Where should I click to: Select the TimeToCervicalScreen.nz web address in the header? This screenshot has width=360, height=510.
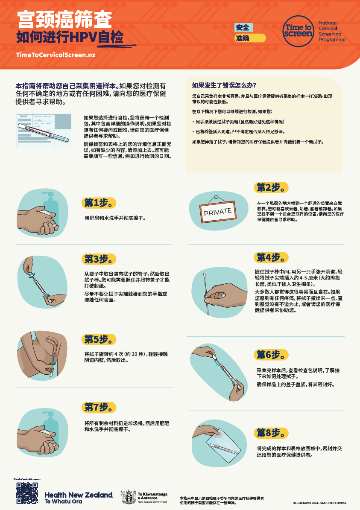click(56, 55)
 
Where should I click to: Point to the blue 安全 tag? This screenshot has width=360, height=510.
click(243, 28)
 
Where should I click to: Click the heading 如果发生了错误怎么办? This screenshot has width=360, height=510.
click(224, 85)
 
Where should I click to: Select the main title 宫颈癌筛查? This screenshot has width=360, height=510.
click(64, 20)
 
